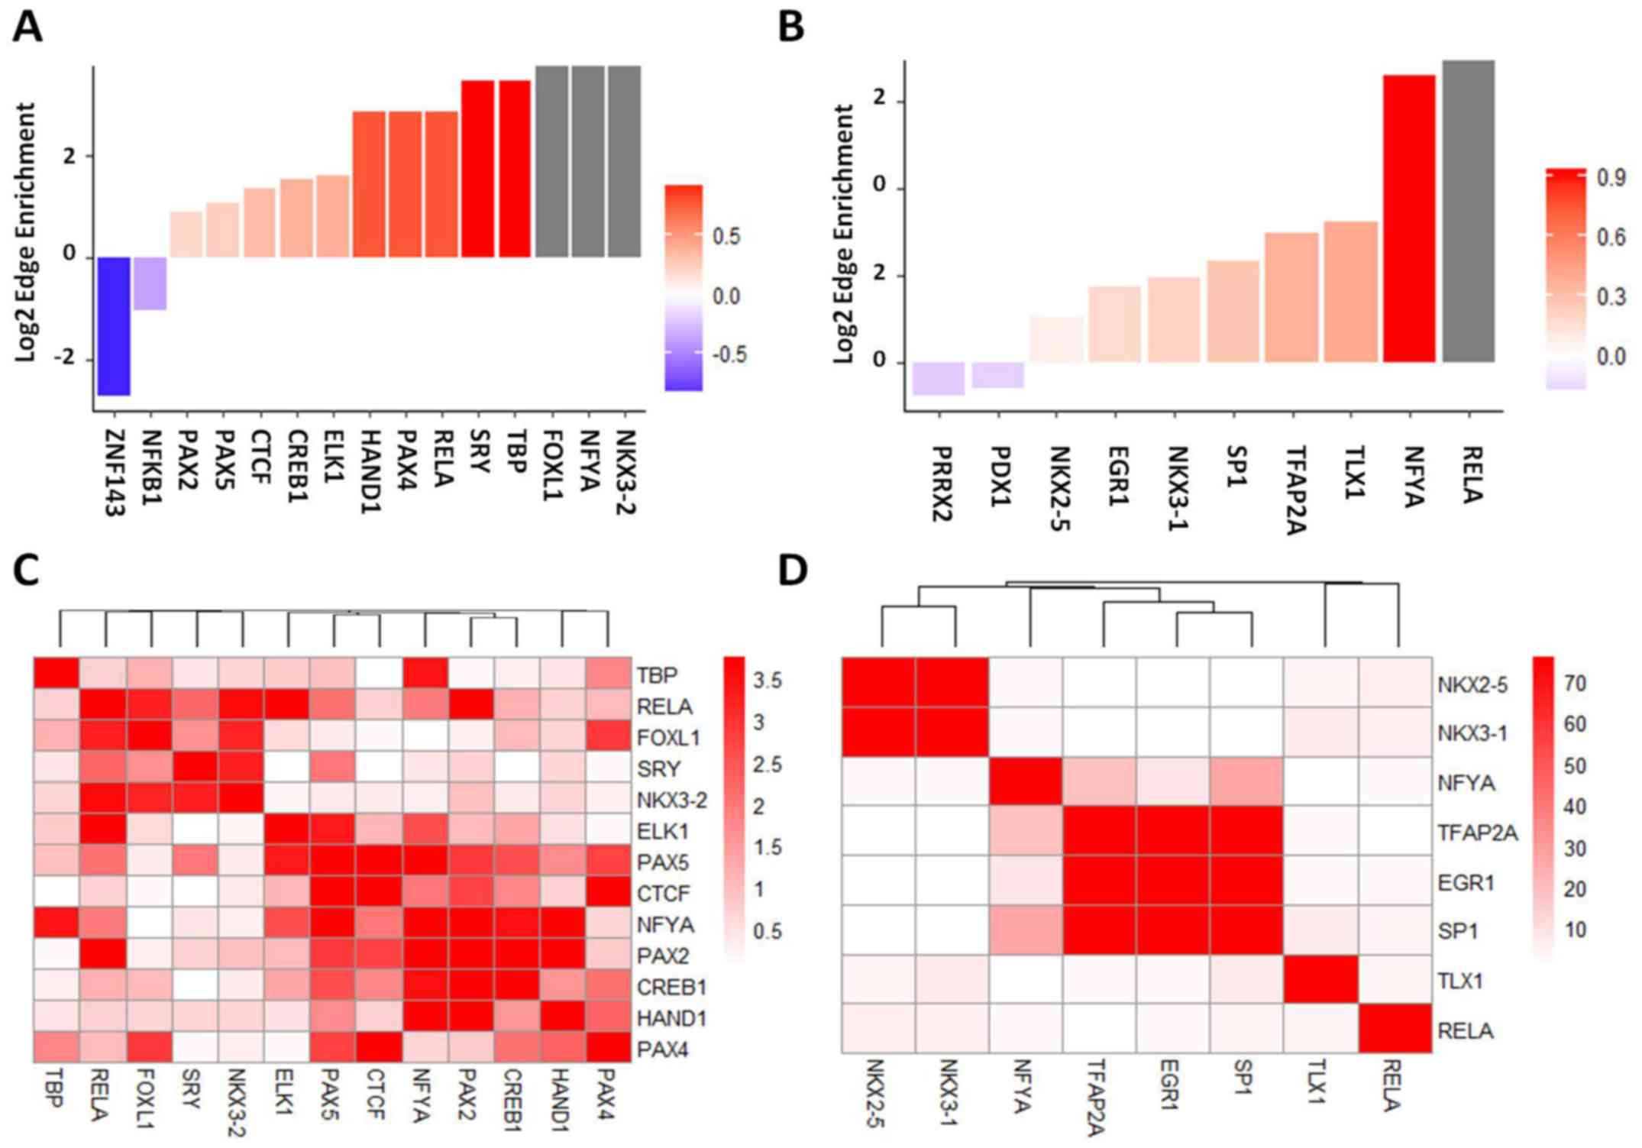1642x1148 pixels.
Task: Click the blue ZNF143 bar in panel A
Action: [x=114, y=326]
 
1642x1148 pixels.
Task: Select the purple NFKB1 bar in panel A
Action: [x=150, y=283]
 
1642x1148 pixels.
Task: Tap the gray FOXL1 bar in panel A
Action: [x=551, y=161]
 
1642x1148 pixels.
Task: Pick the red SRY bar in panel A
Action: [x=477, y=169]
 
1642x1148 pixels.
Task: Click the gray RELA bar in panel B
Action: [x=1468, y=211]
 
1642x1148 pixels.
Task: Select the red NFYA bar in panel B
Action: [x=1409, y=218]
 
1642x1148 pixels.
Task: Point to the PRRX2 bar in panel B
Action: [x=939, y=378]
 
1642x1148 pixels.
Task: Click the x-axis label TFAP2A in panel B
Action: [x=1294, y=490]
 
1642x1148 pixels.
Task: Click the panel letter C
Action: [x=27, y=571]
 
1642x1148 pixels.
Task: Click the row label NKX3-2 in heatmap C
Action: [x=671, y=800]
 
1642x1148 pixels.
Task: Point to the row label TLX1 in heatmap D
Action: [x=1459, y=981]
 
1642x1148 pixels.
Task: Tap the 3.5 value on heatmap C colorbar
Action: [x=767, y=681]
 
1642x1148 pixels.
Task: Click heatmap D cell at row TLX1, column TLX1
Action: [x=1322, y=980]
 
